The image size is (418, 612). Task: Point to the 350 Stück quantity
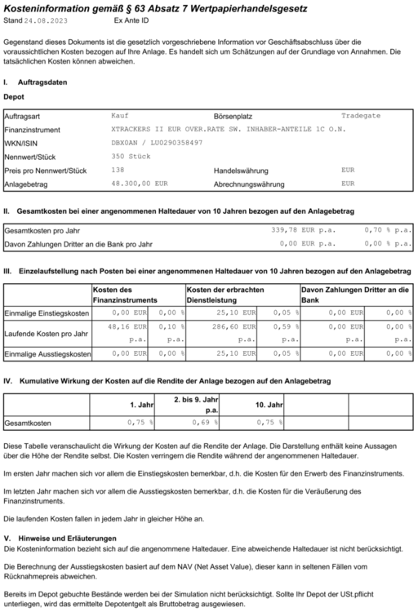(x=128, y=156)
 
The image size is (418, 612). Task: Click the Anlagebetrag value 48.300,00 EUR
(x=139, y=184)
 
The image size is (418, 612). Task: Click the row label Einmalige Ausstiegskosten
(x=47, y=354)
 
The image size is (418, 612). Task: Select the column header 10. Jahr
(x=268, y=405)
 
